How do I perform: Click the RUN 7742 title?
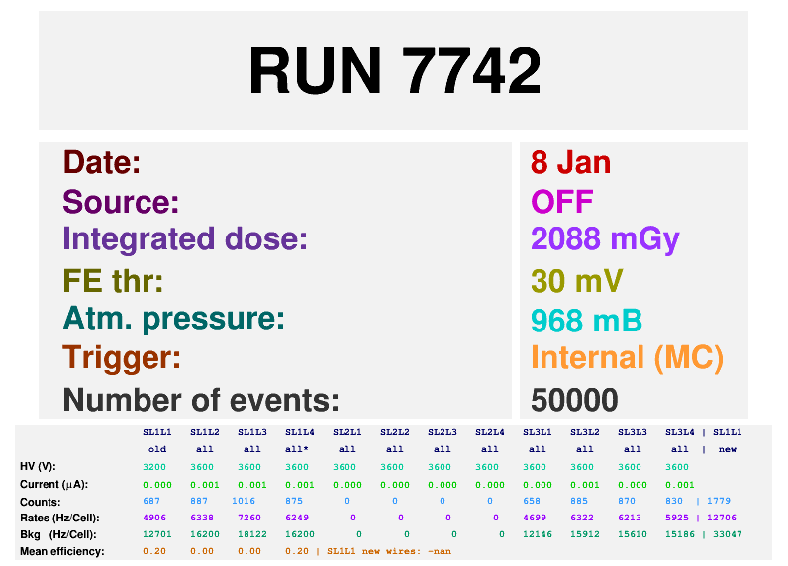click(x=394, y=70)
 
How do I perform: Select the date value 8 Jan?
click(x=570, y=162)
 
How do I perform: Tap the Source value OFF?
click(x=561, y=202)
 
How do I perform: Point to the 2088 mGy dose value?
click(x=605, y=239)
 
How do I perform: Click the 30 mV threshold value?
click(x=576, y=281)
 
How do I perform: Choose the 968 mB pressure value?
click(x=586, y=321)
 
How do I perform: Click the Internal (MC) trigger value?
click(x=627, y=357)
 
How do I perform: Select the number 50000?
click(x=574, y=400)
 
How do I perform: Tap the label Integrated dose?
click(x=185, y=239)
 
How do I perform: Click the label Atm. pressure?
click(x=173, y=319)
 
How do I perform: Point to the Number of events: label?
click(x=201, y=400)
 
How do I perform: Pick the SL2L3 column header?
click(x=441, y=432)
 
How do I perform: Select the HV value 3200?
click(x=154, y=467)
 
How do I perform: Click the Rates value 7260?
click(x=249, y=519)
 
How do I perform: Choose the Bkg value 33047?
click(x=727, y=535)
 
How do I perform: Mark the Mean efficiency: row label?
click(x=61, y=551)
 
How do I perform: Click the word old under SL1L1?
click(x=157, y=450)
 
